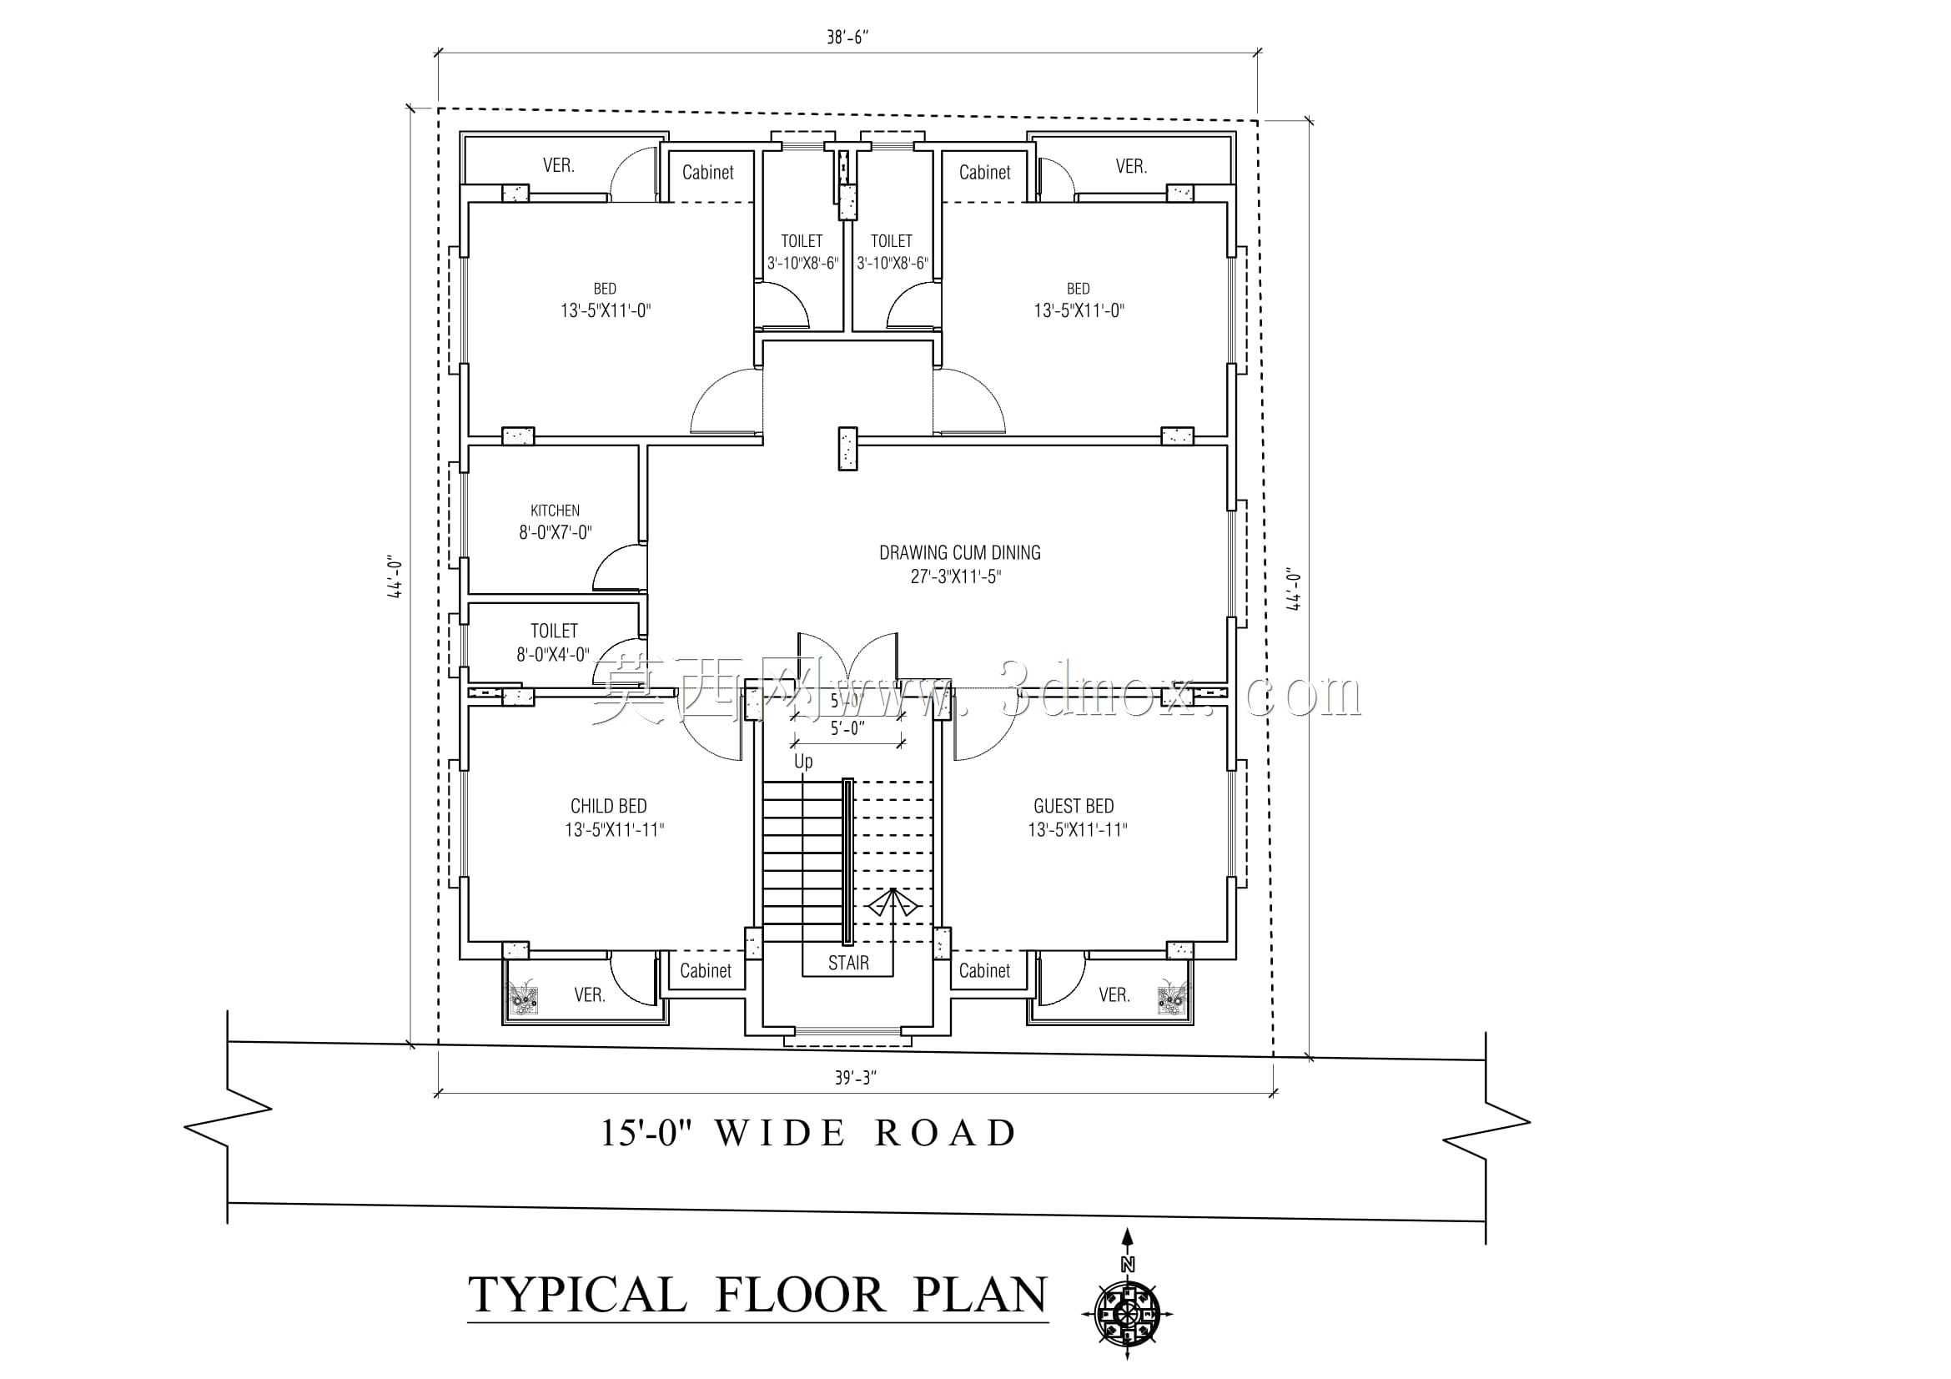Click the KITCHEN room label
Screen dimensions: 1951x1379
point(555,511)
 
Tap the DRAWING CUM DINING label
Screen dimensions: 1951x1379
point(959,553)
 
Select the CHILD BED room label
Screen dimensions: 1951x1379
point(608,807)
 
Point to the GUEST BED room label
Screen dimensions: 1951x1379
point(1074,807)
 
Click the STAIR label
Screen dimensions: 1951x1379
point(848,963)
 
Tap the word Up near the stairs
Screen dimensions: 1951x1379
point(803,762)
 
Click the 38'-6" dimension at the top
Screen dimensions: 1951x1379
point(848,38)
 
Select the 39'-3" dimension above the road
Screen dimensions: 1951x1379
point(855,1078)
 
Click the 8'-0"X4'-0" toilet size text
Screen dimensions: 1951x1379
point(553,655)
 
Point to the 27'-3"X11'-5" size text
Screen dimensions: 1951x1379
point(956,577)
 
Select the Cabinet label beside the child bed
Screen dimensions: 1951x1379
point(706,970)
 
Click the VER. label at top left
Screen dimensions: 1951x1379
point(558,166)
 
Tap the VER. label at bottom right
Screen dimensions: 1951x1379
point(1114,995)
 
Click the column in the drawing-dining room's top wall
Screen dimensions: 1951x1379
point(847,449)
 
